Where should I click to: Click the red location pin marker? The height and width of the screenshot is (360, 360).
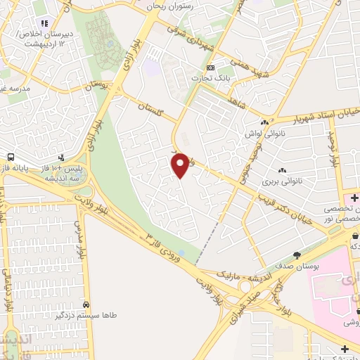[x=181, y=165]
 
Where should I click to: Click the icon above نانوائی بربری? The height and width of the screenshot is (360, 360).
[x=282, y=170]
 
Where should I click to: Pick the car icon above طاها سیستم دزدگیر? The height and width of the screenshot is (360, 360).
[x=85, y=306]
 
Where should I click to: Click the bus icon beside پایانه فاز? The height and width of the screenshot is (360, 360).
[x=11, y=157]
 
